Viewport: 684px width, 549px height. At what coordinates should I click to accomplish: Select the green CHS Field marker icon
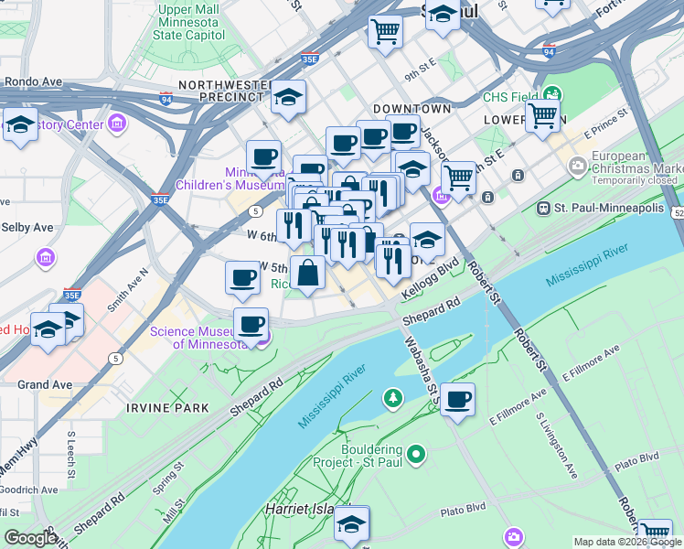tap(552, 93)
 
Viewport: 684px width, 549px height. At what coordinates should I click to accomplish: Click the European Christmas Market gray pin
tap(578, 166)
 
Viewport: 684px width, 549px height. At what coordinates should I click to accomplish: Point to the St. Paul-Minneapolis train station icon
tap(546, 208)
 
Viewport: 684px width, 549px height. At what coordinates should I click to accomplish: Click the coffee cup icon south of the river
tap(457, 399)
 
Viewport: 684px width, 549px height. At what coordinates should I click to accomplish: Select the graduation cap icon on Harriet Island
tap(350, 523)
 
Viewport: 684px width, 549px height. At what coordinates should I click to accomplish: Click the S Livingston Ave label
tap(557, 445)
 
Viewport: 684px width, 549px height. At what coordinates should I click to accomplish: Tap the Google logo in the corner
tap(30, 538)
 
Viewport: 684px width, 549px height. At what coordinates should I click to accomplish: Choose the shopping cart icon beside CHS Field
tap(542, 117)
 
